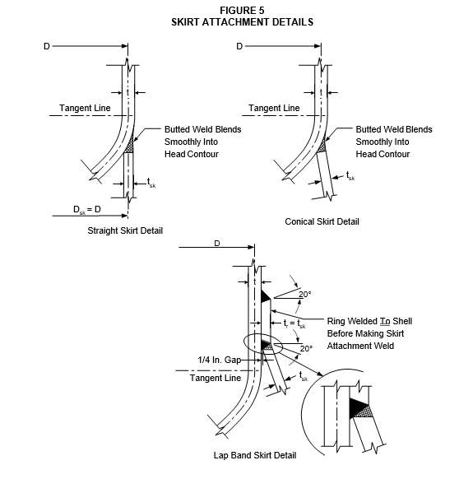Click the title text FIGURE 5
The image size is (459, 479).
pyautogui.click(x=242, y=11)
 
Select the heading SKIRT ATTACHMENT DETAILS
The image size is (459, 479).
pyautogui.click(x=242, y=22)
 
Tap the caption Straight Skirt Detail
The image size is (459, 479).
pyautogui.click(x=125, y=230)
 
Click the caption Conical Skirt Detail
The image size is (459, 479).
pyautogui.click(x=322, y=221)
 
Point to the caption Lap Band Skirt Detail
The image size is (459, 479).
pyautogui.click(x=255, y=455)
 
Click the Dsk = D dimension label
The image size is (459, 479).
pyautogui.click(x=87, y=210)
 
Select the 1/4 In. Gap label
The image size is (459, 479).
pyautogui.click(x=220, y=360)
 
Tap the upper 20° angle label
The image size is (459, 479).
pyautogui.click(x=305, y=294)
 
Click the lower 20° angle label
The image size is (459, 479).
pyautogui.click(x=306, y=349)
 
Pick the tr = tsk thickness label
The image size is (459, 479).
pyautogui.click(x=294, y=323)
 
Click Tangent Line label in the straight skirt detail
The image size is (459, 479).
pyautogui.click(x=85, y=108)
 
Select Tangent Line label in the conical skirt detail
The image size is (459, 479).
pyautogui.click(x=274, y=108)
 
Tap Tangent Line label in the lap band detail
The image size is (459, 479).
pyautogui.click(x=216, y=378)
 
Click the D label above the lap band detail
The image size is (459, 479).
pyautogui.click(x=217, y=244)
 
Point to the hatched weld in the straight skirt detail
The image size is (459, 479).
pyautogui.click(x=130, y=145)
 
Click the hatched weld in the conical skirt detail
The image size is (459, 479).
pyautogui.click(x=322, y=146)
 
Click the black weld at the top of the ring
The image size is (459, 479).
pyautogui.click(x=265, y=295)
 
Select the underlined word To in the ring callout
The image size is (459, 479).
pyautogui.click(x=385, y=321)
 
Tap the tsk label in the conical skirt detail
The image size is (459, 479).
pyautogui.click(x=350, y=176)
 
